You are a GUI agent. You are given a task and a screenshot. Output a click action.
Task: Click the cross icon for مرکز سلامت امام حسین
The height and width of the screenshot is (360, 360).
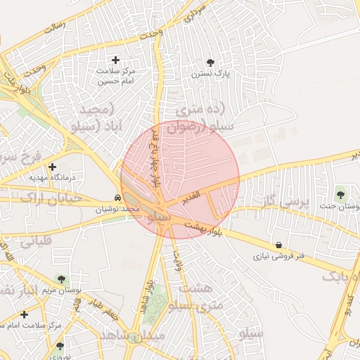(x=116, y=60)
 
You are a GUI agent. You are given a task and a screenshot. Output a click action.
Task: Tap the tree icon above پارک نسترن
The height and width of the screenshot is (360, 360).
(x=212, y=62)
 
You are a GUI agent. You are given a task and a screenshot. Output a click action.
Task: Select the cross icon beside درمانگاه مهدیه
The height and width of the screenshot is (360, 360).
(x=52, y=167)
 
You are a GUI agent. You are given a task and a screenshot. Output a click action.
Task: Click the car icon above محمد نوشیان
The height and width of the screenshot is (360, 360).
(x=117, y=198)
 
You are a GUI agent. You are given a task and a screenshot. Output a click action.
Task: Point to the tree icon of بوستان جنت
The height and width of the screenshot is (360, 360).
(x=341, y=194)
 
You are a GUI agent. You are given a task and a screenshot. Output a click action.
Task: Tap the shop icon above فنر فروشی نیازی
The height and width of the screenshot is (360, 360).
(x=280, y=245)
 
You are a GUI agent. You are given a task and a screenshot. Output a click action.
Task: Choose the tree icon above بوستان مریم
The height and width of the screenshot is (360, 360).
(x=60, y=279)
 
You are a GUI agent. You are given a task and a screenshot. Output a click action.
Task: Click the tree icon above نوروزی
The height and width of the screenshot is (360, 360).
(x=60, y=346)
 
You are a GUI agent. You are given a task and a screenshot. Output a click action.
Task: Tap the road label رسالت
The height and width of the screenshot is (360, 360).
(x=55, y=28)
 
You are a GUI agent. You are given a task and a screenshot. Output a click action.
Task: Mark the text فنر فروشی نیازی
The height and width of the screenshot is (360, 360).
(x=279, y=257)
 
